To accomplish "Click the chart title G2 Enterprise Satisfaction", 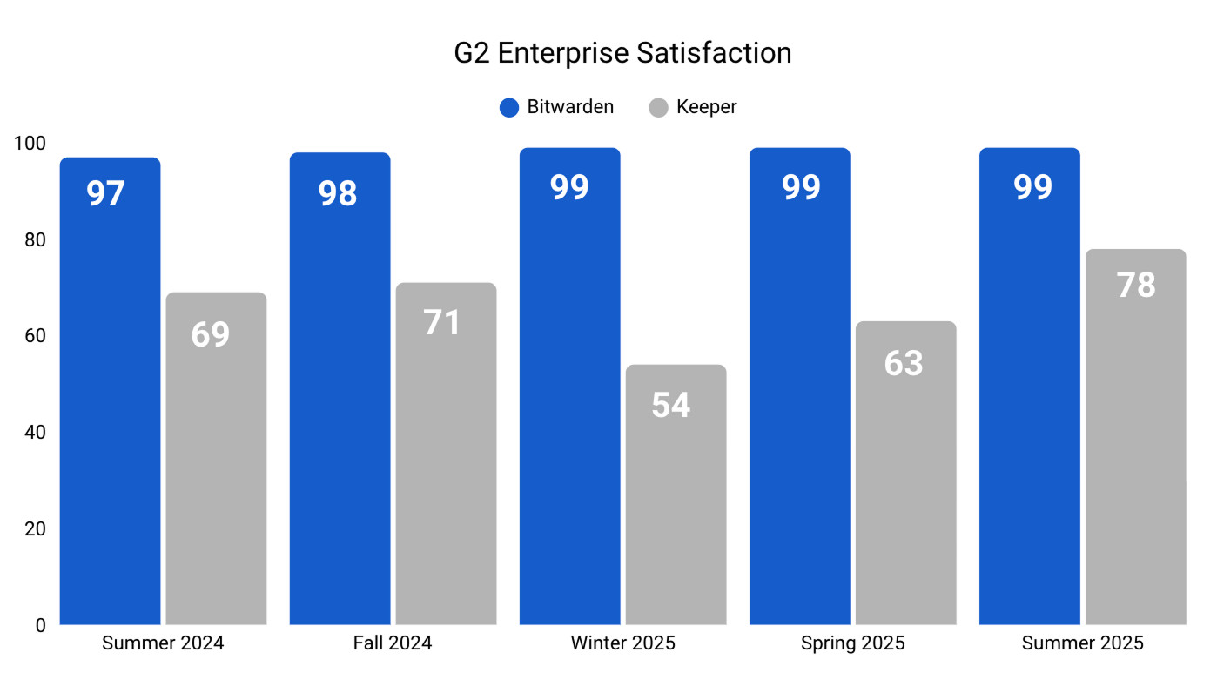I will tap(622, 53).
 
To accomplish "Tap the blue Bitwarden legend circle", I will tap(509, 107).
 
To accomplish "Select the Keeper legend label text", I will tap(706, 107).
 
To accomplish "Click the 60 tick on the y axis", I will tap(35, 336).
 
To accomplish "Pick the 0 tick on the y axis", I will tap(40, 625).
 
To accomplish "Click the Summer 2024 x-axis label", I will tap(163, 643).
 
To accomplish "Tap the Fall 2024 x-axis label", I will tap(393, 643).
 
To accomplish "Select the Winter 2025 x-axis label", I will tap(622, 643).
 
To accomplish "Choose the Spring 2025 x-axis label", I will tap(852, 643).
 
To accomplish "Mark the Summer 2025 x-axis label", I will tap(1082, 643).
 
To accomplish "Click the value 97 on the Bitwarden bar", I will tap(106, 193).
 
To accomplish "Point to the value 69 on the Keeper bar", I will tap(211, 334).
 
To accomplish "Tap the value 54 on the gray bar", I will tap(671, 405).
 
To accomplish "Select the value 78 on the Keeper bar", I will tap(1136, 286).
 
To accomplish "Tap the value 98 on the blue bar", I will tap(338, 193).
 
